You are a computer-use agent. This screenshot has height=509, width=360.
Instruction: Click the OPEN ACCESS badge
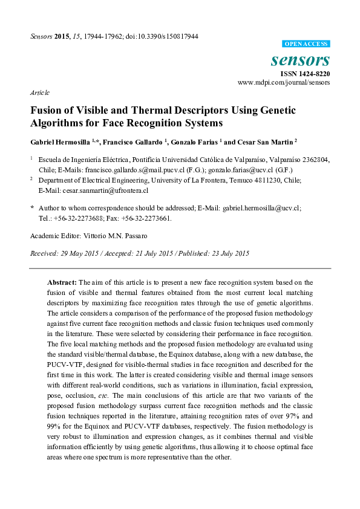pyautogui.click(x=306, y=44)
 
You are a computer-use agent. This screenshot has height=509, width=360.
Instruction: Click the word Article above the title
pyautogui.click(x=40, y=93)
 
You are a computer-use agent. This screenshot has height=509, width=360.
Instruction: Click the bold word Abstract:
pyautogui.click(x=62, y=282)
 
